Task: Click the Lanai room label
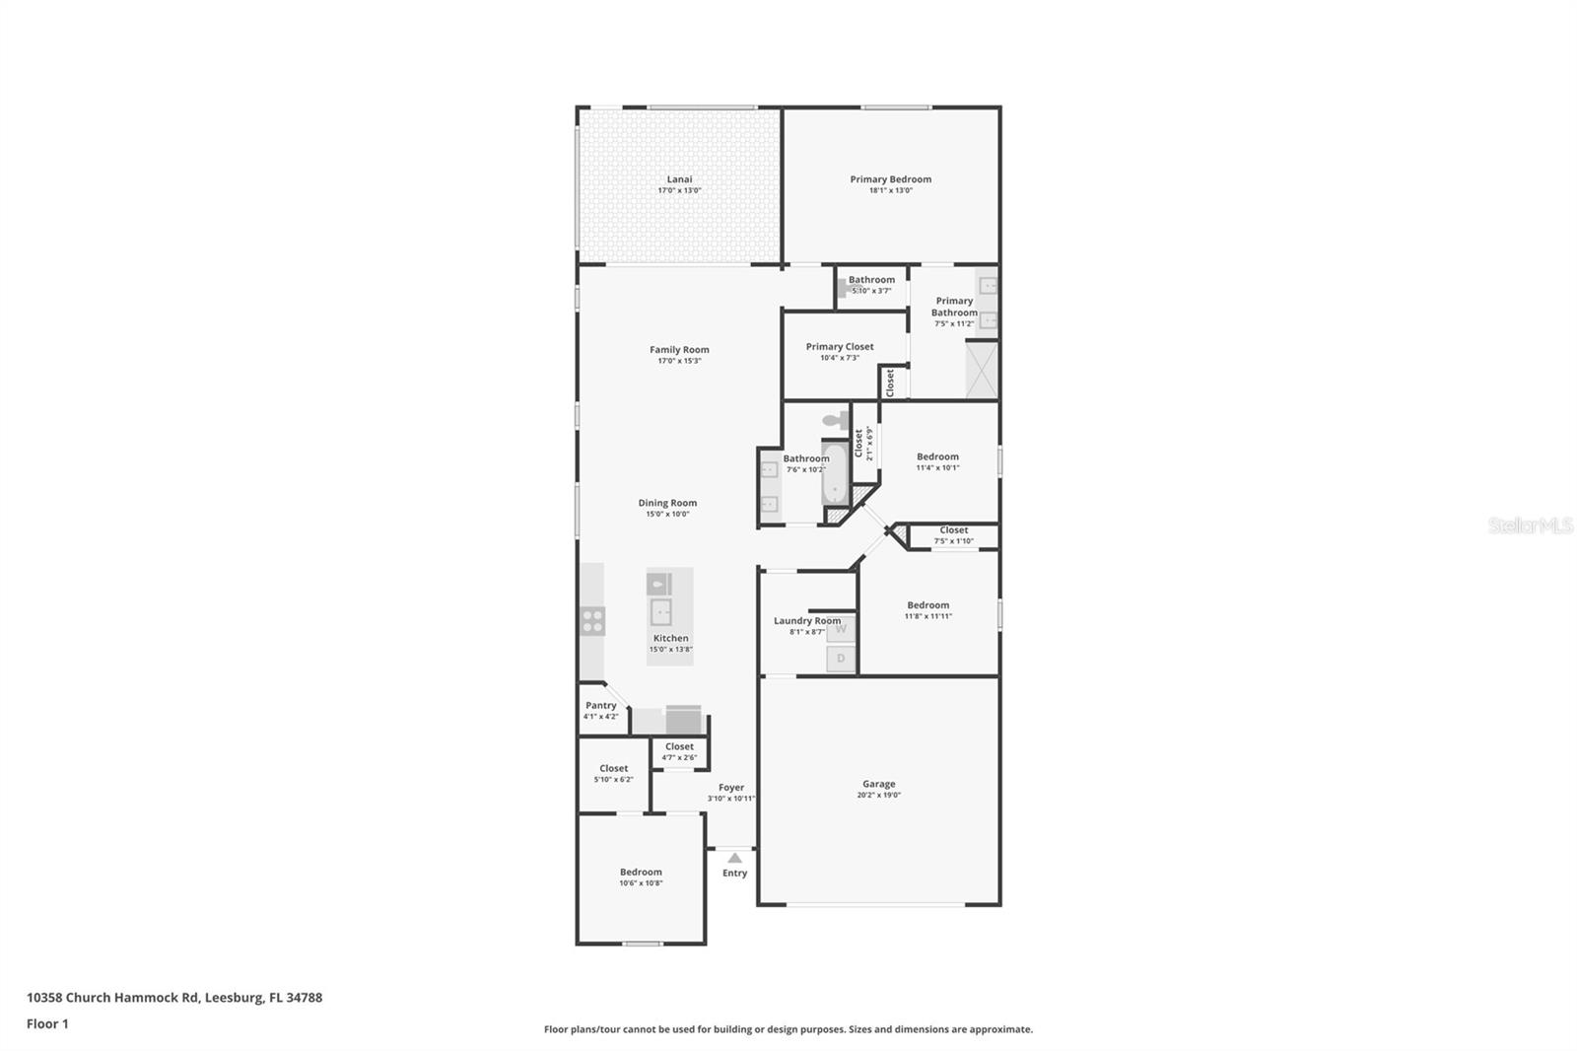[679, 179]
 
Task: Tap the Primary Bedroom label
[890, 179]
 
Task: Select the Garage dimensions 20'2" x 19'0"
[878, 795]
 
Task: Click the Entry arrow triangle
[734, 858]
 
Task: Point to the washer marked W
[841, 629]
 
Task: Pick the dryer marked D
[841, 659]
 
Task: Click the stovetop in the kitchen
[592, 621]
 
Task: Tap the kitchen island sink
[660, 612]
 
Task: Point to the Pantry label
[600, 705]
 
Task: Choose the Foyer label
[730, 787]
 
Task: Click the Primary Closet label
[839, 346]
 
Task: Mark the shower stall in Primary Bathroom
[982, 370]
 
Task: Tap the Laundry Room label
[806, 620]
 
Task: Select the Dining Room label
[667, 503]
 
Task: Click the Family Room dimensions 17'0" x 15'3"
[679, 361]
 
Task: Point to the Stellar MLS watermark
[1530, 526]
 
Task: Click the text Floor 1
[47, 1023]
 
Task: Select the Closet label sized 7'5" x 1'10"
[953, 530]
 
